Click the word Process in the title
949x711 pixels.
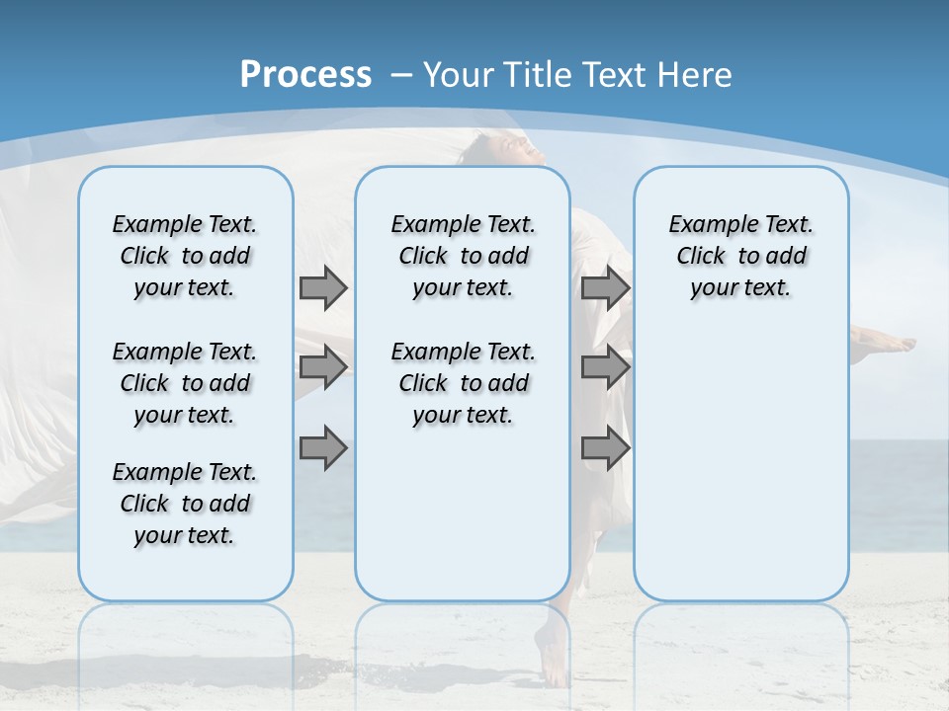pyautogui.click(x=305, y=75)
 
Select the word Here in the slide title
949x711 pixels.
pyautogui.click(x=696, y=75)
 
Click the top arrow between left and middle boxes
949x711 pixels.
pyautogui.click(x=323, y=288)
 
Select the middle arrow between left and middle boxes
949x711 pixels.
pyautogui.click(x=323, y=367)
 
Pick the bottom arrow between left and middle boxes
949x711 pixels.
pyautogui.click(x=323, y=447)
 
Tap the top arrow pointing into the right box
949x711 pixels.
pyautogui.click(x=605, y=288)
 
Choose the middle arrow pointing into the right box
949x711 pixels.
pyautogui.click(x=605, y=367)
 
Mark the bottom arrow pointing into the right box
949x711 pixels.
pyautogui.click(x=605, y=447)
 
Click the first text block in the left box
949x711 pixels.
pyautogui.click(x=185, y=256)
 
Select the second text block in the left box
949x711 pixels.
pyautogui.click(x=185, y=383)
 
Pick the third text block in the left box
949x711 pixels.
pyautogui.click(x=185, y=504)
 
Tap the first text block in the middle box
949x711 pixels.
pyautogui.click(x=463, y=256)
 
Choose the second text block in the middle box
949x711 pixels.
pyautogui.click(x=463, y=383)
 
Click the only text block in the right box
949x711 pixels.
pyautogui.click(x=740, y=256)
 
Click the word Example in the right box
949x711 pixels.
pyautogui.click(x=706, y=225)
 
